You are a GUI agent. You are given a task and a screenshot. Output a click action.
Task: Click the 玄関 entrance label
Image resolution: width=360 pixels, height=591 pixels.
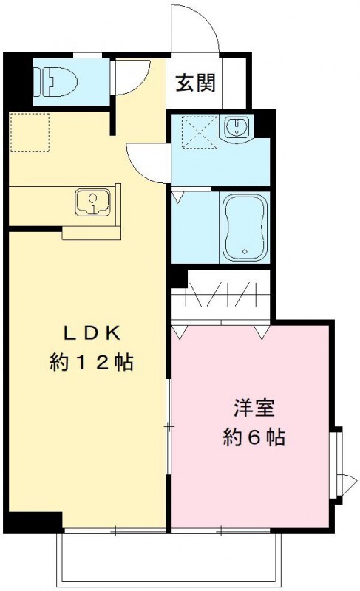195,82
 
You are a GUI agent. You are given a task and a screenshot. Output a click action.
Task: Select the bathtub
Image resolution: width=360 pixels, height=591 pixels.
245,227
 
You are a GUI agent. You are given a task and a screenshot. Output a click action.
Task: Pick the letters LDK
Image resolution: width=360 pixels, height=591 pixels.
90,332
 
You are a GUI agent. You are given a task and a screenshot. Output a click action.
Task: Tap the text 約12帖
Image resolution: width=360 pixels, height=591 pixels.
91,362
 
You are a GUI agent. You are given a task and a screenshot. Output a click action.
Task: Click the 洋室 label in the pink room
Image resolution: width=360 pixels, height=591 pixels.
254,407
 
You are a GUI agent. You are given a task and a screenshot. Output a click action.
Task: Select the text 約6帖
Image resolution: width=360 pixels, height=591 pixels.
254,437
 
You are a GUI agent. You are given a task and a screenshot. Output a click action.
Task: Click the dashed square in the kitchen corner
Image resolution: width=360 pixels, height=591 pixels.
29,132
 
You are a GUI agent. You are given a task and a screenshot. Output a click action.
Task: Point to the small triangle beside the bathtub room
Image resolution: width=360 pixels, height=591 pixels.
177,197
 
